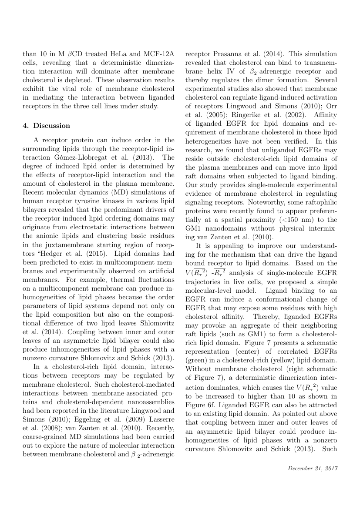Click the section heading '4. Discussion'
pyautogui.click(x=46, y=126)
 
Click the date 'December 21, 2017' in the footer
pyautogui.click(x=313, y=469)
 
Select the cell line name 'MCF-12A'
pyautogui.click(x=161, y=54)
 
